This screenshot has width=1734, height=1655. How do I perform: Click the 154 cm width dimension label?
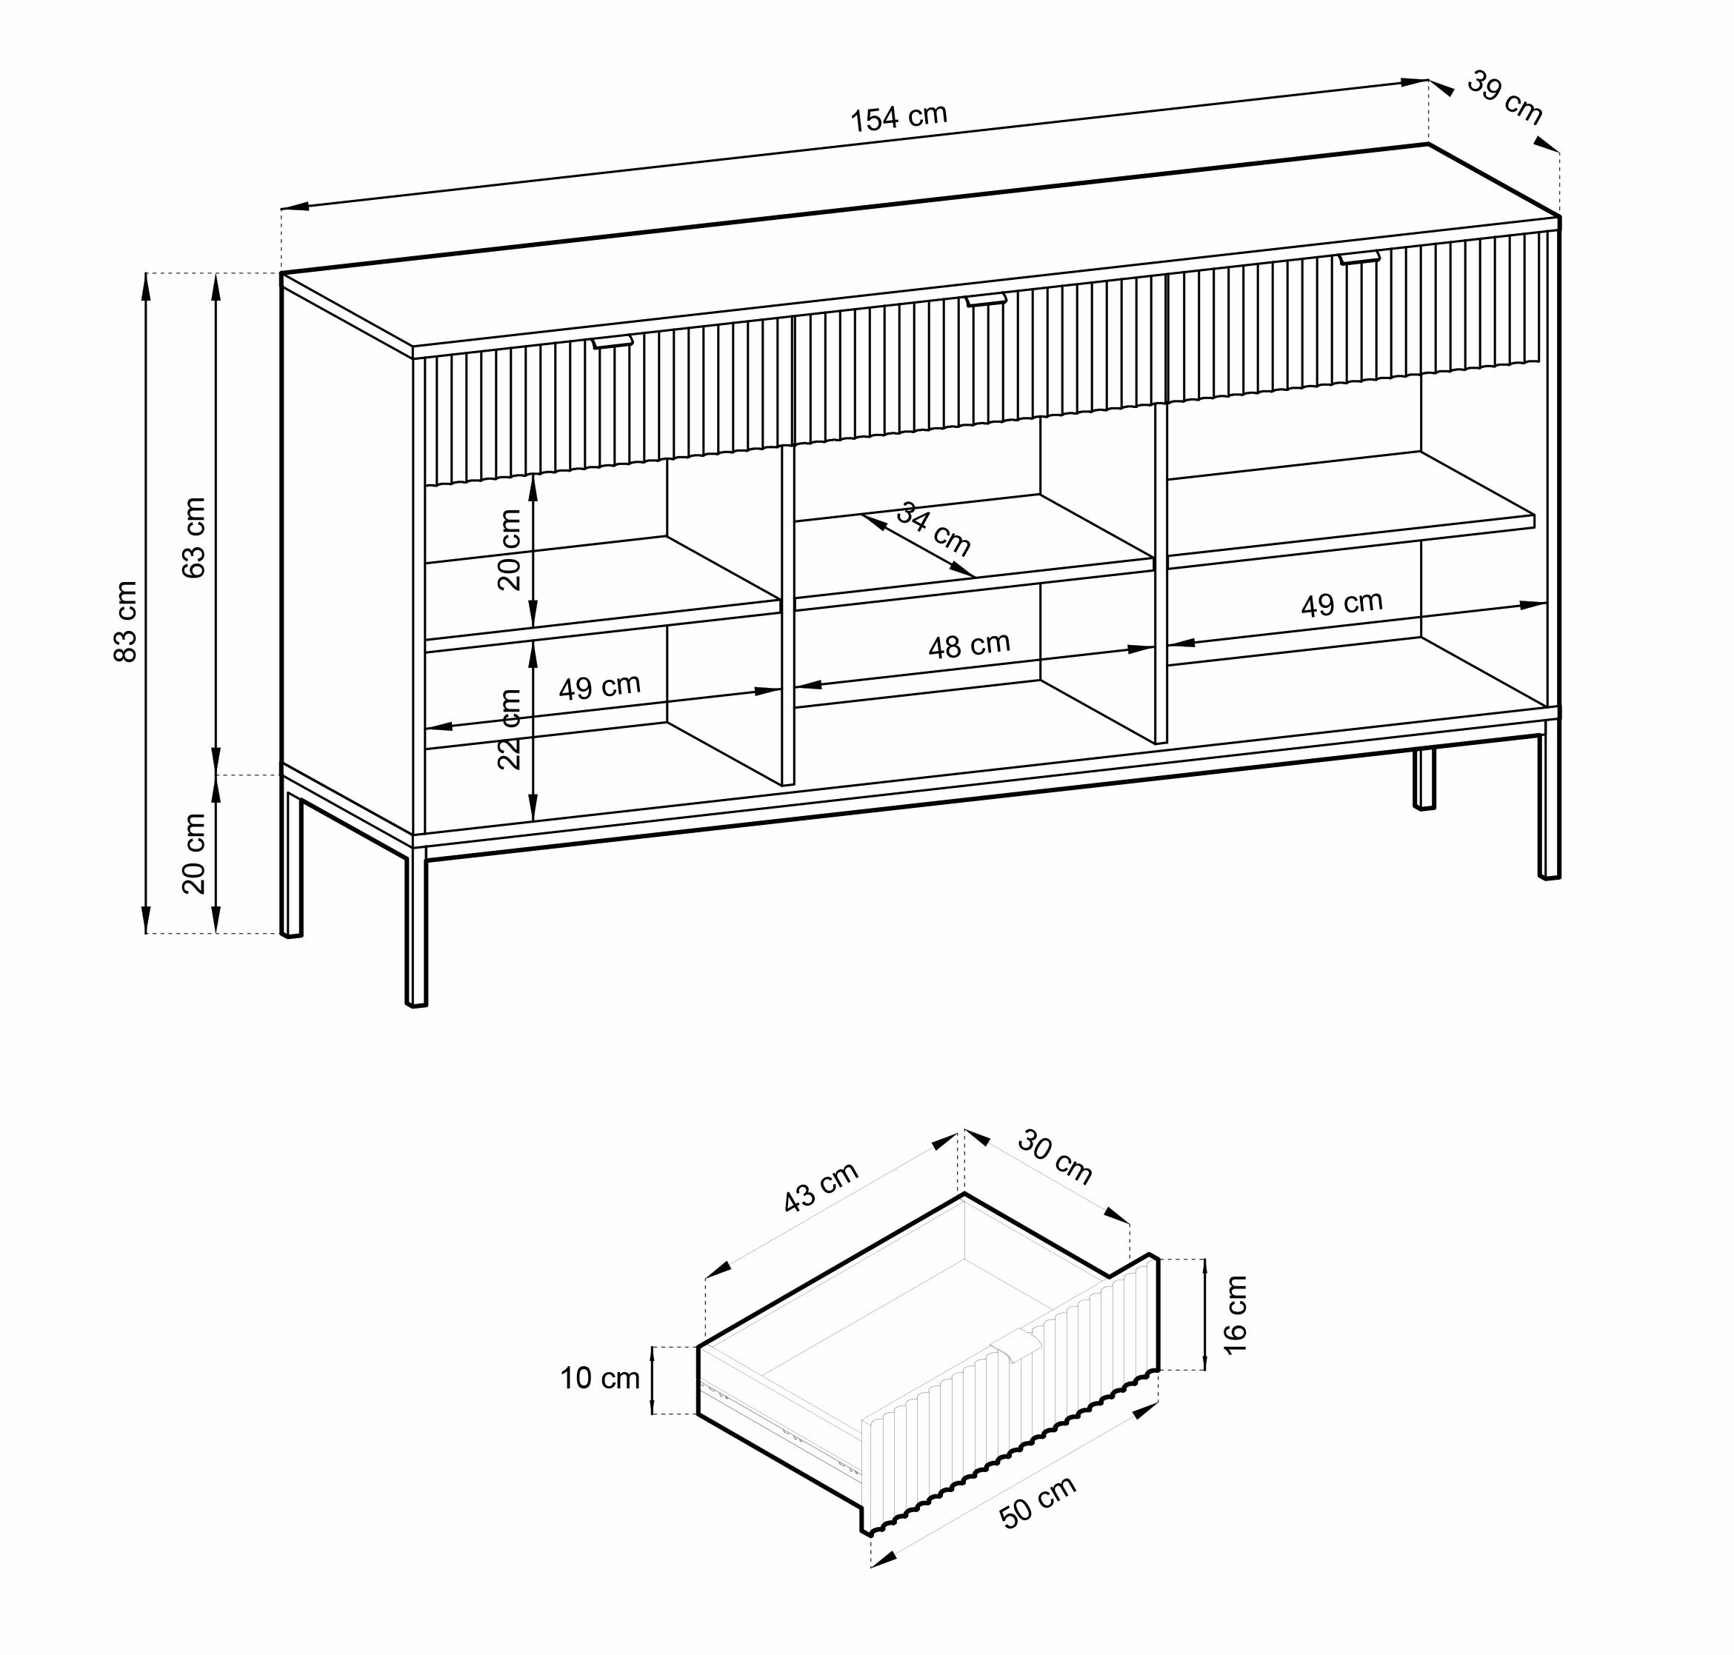(898, 117)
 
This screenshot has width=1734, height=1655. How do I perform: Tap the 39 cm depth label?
(1505, 98)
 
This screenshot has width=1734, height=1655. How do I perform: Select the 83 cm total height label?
(126, 621)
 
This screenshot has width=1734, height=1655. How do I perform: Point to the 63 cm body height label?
(193, 538)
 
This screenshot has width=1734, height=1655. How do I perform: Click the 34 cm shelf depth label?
(933, 529)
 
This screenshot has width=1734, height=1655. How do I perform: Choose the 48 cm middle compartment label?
(969, 646)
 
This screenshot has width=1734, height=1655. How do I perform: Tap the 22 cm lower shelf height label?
(509, 729)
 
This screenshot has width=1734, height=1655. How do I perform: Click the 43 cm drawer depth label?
(821, 1188)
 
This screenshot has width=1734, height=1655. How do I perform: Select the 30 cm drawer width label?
(1056, 1157)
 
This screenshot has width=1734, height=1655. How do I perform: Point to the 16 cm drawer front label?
(1236, 1314)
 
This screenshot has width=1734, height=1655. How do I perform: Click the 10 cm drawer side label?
(600, 1378)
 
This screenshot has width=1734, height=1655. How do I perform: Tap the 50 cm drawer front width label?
(1038, 1502)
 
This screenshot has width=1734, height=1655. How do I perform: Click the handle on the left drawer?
(613, 341)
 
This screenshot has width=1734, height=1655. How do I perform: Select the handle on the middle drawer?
(986, 300)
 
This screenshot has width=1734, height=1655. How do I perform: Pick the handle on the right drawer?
(1359, 258)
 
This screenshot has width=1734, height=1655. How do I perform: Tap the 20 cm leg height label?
(193, 853)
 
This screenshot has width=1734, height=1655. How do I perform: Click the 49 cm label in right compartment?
(1341, 604)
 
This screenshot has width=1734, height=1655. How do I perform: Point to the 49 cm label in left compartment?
(599, 686)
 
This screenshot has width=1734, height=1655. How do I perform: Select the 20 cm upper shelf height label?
(509, 549)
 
